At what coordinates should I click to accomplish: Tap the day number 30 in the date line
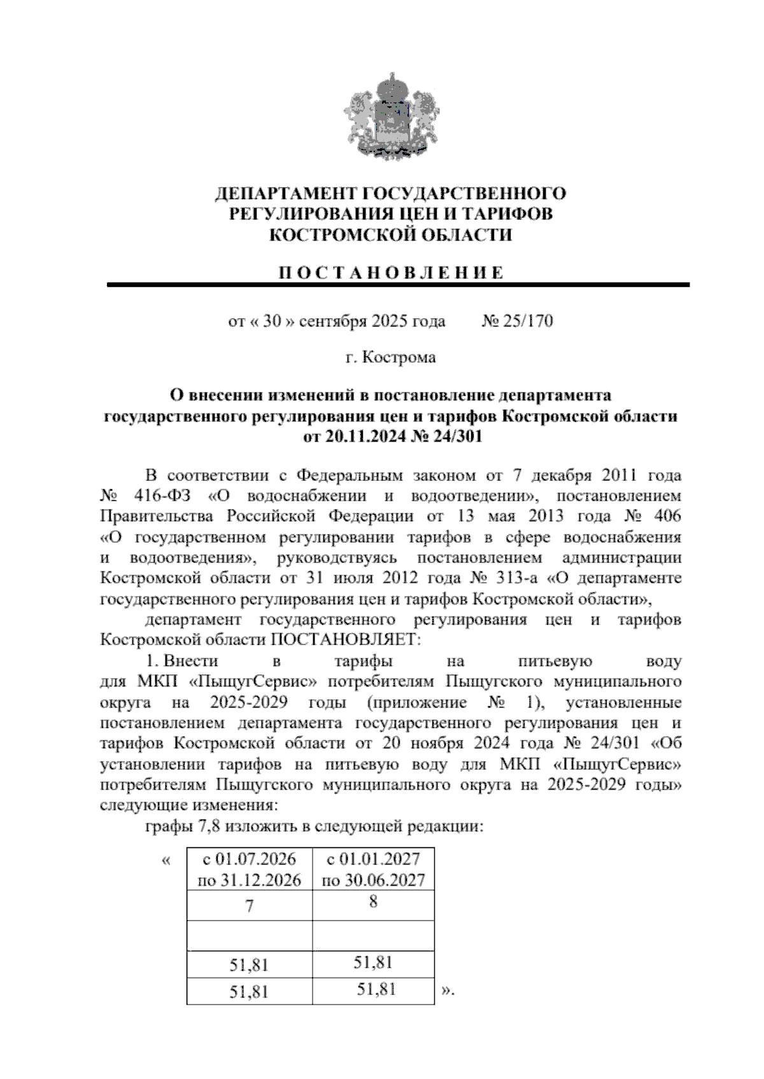[272, 321]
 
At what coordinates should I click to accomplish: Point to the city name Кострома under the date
[399, 358]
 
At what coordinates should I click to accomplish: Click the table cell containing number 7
[250, 906]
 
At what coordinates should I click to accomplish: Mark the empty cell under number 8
[374, 935]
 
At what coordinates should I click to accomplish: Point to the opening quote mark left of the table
[166, 861]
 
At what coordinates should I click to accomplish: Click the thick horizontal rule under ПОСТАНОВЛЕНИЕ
[398, 286]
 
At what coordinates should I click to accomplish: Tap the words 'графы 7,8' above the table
[175, 827]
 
